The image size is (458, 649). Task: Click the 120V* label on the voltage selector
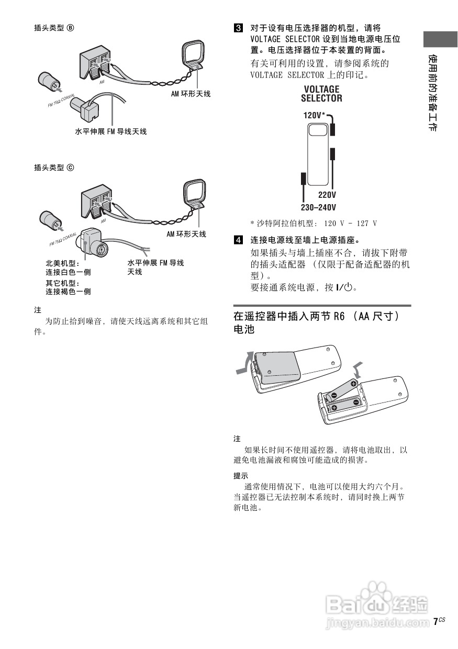[315, 115]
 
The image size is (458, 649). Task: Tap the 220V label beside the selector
[327, 194]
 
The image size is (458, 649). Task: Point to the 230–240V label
[319, 206]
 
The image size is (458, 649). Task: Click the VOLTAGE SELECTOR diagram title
[321, 94]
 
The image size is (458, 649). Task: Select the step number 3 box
[238, 28]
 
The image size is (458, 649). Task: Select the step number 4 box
[238, 240]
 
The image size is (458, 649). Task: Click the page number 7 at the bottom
[435, 622]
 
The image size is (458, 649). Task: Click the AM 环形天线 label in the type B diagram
[191, 94]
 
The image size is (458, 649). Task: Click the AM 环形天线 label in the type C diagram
[186, 233]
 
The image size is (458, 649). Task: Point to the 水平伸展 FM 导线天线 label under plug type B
[110, 132]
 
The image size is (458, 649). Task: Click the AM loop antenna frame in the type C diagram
[194, 193]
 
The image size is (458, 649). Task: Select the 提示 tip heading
[241, 476]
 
